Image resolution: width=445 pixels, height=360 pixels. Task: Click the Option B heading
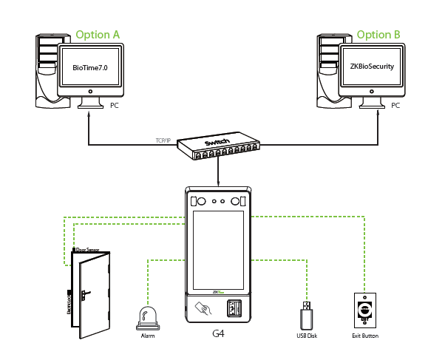click(x=378, y=35)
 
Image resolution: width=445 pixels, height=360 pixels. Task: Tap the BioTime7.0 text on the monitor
click(x=90, y=68)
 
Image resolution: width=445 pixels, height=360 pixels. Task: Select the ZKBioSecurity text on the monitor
click(x=372, y=67)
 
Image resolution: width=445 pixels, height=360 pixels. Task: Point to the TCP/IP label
click(x=164, y=140)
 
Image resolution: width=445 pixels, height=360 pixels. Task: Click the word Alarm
click(x=148, y=336)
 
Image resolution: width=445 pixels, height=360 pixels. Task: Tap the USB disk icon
click(x=305, y=316)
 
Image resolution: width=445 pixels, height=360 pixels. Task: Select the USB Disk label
click(x=306, y=336)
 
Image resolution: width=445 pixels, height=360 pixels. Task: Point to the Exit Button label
click(x=365, y=336)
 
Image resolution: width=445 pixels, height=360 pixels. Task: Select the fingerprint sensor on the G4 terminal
click(x=233, y=308)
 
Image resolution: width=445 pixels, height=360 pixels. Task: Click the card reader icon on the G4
click(x=201, y=308)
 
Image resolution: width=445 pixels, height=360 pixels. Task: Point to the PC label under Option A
click(x=113, y=106)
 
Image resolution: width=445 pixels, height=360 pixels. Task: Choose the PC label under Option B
click(x=395, y=106)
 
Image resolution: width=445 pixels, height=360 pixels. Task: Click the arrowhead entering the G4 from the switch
click(x=218, y=183)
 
